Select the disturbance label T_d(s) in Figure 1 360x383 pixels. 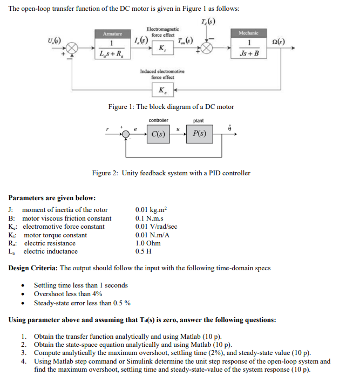207,22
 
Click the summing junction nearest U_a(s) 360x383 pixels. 73,49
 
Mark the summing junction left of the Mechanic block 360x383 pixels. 208,49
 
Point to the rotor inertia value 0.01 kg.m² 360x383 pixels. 151,210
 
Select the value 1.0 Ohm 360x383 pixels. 148,243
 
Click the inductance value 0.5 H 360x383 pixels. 142,251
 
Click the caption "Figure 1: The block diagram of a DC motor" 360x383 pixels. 171,107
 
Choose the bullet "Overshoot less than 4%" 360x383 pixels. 68,294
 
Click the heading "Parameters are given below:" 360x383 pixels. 52,197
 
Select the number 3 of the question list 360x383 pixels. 24,352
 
